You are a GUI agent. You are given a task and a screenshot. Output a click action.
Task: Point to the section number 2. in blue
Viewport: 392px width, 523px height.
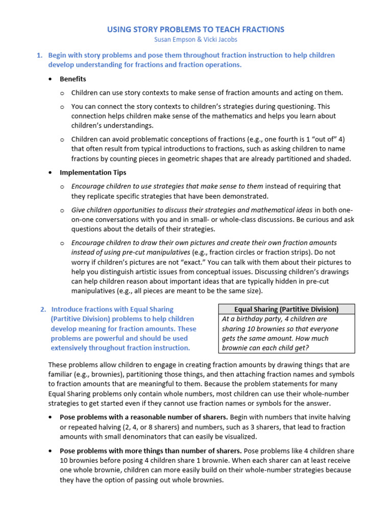click(x=43, y=309)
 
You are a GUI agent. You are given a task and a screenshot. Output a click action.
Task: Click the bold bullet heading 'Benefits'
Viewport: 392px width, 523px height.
click(x=73, y=79)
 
